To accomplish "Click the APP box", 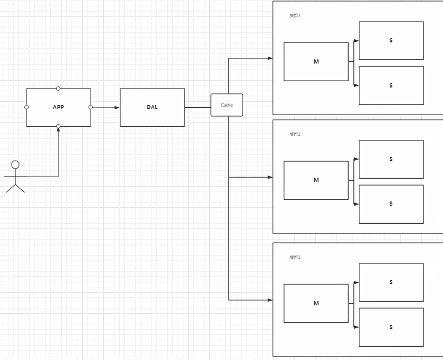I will click(x=58, y=107).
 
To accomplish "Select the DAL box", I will click(x=152, y=107).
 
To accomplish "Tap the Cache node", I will click(x=227, y=105).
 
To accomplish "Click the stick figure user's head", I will click(x=15, y=164).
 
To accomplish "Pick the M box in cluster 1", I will click(x=316, y=62).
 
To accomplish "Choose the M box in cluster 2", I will click(x=316, y=180).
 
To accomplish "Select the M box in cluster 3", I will click(x=316, y=303).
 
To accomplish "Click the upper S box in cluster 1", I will click(x=391, y=40).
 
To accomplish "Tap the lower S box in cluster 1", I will click(x=391, y=85).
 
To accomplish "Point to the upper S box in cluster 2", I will click(x=391, y=159).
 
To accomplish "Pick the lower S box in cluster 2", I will click(x=391, y=204).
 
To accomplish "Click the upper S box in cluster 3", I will click(x=391, y=282).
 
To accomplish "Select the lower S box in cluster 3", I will click(x=391, y=327).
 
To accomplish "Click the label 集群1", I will click(x=295, y=15).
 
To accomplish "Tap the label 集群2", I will click(x=295, y=134).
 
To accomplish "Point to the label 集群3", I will click(x=295, y=257).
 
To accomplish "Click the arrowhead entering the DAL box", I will click(x=117, y=107).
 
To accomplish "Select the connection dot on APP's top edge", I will click(x=58, y=88).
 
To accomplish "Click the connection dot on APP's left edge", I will click(x=26, y=107).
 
